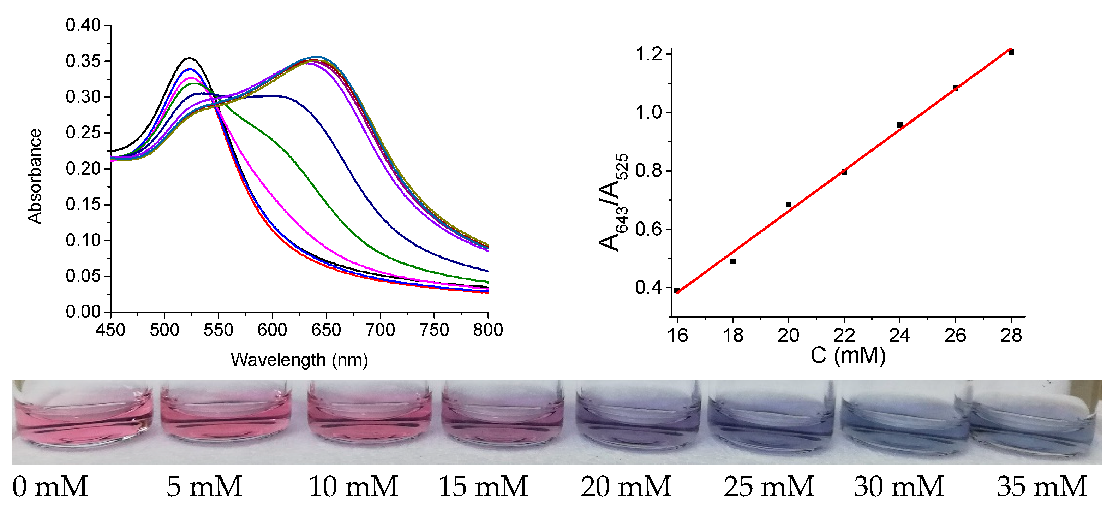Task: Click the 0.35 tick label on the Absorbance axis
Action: [83, 61]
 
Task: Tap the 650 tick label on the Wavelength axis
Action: [326, 330]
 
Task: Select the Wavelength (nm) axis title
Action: [299, 360]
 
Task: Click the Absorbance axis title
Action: [35, 176]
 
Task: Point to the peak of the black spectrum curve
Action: [189, 58]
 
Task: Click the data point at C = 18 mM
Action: [733, 261]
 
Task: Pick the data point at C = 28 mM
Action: [1011, 52]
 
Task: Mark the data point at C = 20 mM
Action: [789, 205]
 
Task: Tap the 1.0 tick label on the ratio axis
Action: [648, 112]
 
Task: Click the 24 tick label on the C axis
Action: [899, 336]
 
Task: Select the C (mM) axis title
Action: [848, 355]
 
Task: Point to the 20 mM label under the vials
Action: [626, 487]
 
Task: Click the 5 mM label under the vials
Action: [204, 487]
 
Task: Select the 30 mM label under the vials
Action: [899, 487]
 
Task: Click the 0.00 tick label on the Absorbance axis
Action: [83, 312]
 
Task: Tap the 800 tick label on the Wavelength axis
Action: [488, 330]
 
